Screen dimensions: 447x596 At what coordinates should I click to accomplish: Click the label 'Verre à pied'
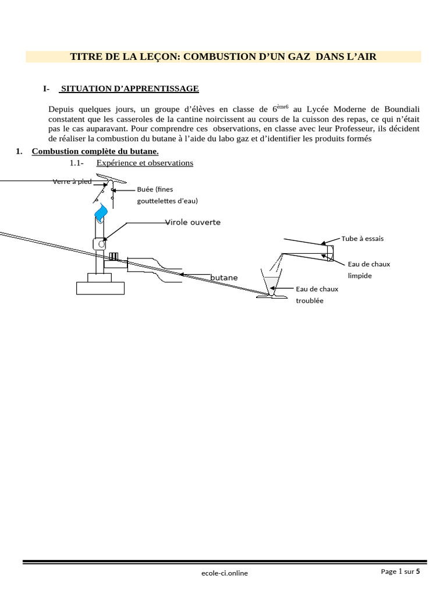(72, 182)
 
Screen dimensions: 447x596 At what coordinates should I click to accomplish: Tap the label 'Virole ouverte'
(193, 222)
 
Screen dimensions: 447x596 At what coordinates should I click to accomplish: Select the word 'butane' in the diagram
(224, 278)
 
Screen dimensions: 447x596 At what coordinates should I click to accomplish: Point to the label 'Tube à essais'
(363, 239)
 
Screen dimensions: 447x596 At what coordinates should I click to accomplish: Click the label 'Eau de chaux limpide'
(368, 269)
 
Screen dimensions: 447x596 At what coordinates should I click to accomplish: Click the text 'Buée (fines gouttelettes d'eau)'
(167, 195)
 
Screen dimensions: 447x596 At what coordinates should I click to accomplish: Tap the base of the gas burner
(100, 287)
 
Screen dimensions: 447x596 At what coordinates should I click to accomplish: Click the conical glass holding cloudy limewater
(271, 283)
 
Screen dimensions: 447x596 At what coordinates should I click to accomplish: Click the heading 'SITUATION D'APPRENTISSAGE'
(130, 88)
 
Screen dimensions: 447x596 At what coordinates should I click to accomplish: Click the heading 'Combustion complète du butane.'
(95, 151)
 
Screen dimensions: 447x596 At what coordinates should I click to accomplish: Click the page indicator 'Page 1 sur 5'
(400, 572)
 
